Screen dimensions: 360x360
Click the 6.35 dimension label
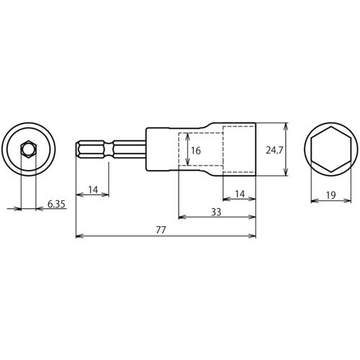coord(55,204)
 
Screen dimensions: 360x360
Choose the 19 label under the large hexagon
coord(330,196)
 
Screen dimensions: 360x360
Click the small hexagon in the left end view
coord(28,150)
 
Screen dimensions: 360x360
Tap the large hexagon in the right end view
coord(330,150)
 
